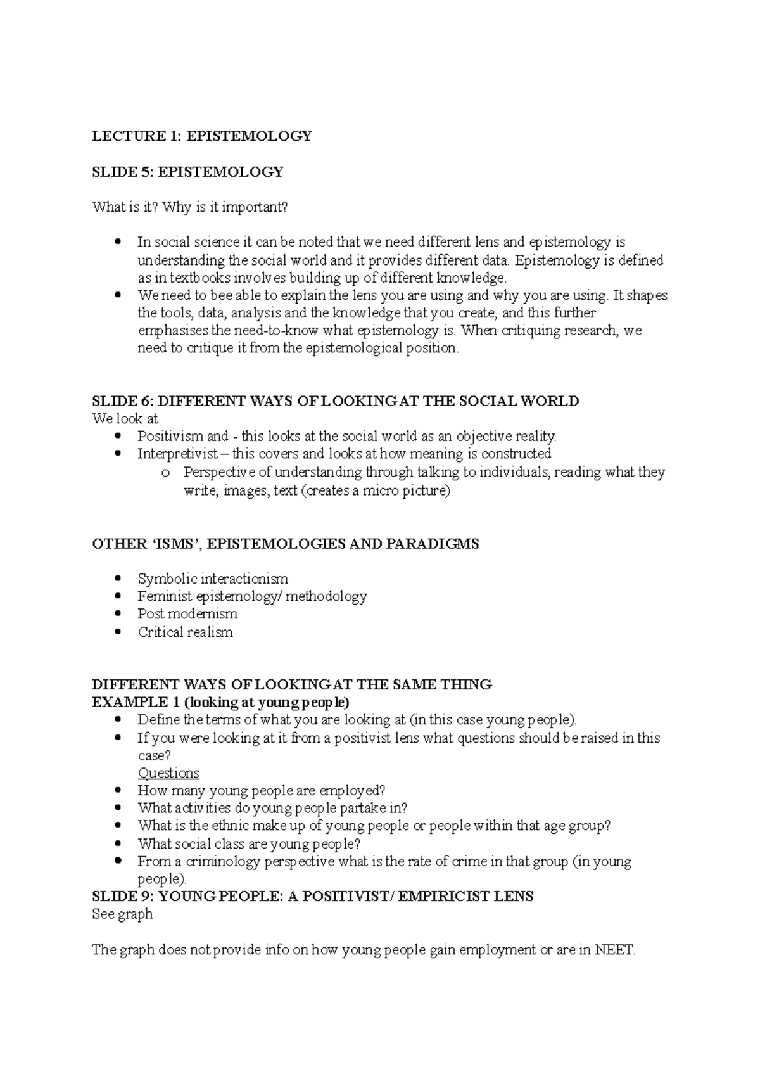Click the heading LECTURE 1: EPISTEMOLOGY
click(x=201, y=136)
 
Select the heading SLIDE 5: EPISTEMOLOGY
click(x=187, y=172)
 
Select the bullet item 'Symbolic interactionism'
click(x=213, y=579)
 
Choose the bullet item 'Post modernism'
click(x=187, y=614)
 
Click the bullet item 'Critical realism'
click(x=185, y=632)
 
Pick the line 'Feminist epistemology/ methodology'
click(x=252, y=596)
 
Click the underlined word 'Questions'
click(x=168, y=773)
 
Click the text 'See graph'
click(x=122, y=914)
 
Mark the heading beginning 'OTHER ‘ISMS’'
click(x=285, y=544)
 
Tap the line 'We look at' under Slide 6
click(x=125, y=418)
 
